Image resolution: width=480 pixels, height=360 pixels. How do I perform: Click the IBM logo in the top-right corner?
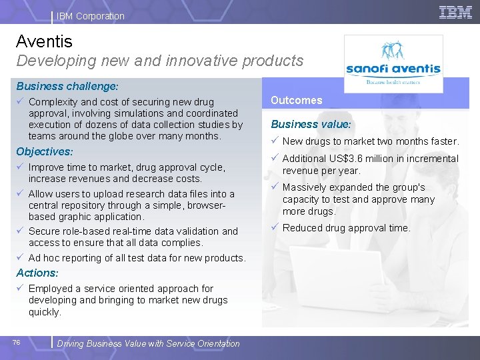pyautogui.click(x=455, y=12)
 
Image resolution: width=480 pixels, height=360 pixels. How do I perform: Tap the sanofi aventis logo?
pyautogui.click(x=393, y=64)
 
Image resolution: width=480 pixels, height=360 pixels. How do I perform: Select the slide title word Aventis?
pyautogui.click(x=44, y=41)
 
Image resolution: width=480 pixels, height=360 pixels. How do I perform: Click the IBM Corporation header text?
pyautogui.click(x=91, y=16)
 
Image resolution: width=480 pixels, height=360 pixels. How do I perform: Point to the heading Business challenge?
pyautogui.click(x=67, y=87)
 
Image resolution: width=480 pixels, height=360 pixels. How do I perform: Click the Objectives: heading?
pyautogui.click(x=45, y=152)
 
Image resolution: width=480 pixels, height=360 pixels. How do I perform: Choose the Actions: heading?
pyautogui.click(x=37, y=273)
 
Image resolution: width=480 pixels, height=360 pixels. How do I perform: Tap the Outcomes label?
pyautogui.click(x=296, y=101)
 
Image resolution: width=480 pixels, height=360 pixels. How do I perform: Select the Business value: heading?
pyautogui.click(x=311, y=124)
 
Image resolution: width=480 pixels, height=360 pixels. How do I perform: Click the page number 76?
pyautogui.click(x=17, y=343)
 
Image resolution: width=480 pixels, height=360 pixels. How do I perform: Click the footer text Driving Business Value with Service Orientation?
pyautogui.click(x=148, y=344)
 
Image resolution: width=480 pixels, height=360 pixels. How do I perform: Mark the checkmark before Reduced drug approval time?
pyautogui.click(x=274, y=227)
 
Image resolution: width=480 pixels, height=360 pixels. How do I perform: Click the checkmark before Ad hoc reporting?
pyautogui.click(x=21, y=257)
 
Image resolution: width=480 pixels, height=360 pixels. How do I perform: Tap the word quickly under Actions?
pyautogui.click(x=45, y=312)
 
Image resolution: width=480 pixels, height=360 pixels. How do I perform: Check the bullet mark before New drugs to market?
pyautogui.click(x=274, y=141)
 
